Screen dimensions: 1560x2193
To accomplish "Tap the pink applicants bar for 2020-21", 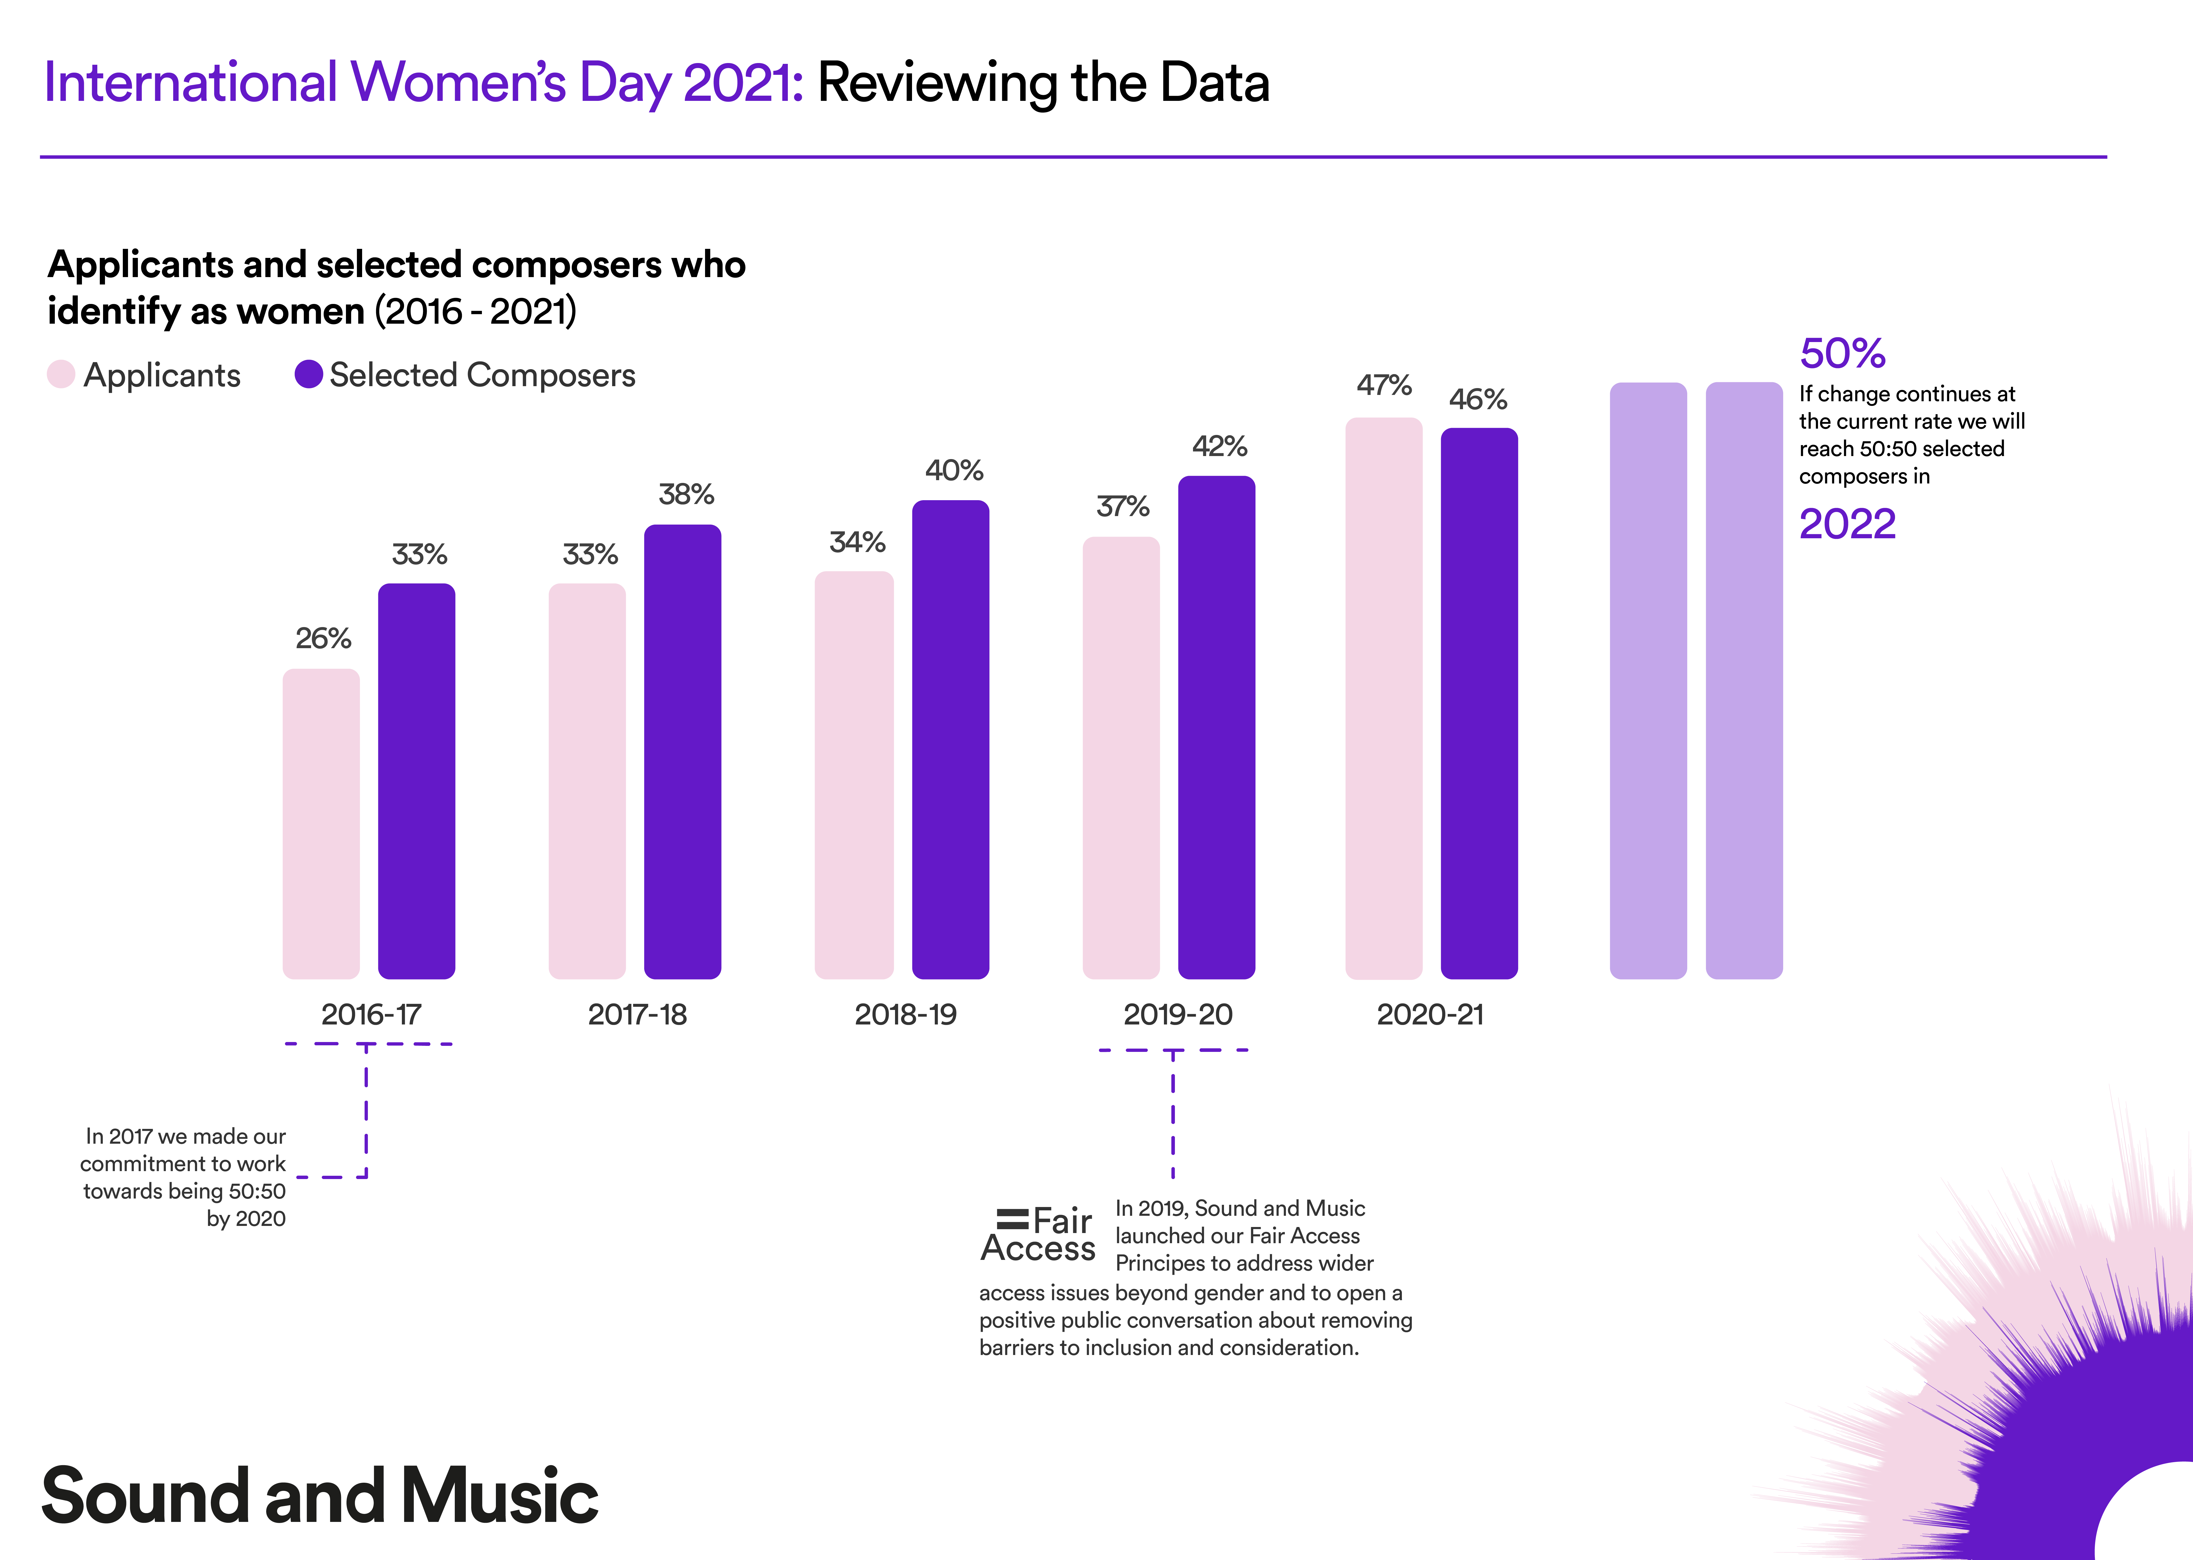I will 1383,698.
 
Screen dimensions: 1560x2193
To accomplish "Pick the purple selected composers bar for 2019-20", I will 1216,727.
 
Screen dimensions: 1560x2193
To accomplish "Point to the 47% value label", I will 1383,385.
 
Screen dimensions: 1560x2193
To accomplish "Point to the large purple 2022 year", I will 1846,523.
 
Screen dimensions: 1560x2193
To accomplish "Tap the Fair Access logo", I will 1037,1234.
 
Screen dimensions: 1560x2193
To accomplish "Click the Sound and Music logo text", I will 320,1496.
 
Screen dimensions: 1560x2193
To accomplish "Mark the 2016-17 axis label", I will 371,1014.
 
